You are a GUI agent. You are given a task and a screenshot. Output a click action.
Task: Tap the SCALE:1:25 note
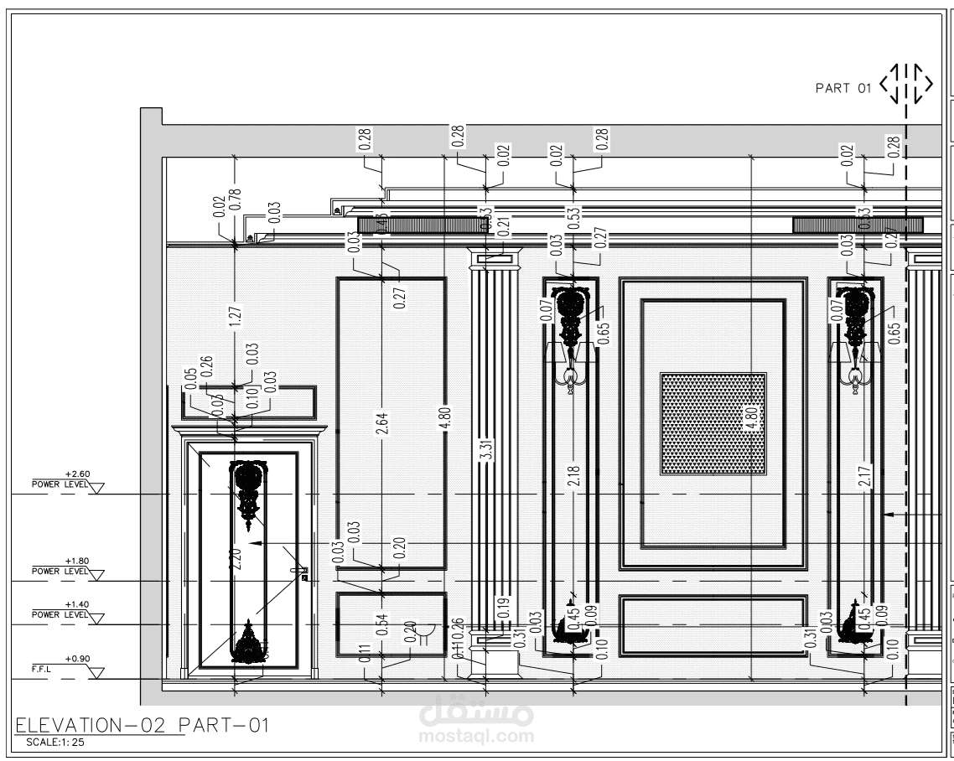(x=54, y=742)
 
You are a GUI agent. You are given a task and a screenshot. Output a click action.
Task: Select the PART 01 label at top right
(x=843, y=85)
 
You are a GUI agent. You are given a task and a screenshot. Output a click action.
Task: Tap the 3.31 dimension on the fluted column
(x=486, y=450)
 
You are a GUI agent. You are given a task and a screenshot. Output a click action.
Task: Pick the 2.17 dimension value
(x=864, y=476)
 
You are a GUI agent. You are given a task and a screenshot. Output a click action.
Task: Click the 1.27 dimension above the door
(x=235, y=315)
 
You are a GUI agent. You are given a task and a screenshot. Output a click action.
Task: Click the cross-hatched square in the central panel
(x=713, y=423)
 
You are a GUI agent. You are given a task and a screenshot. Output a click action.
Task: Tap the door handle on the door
(x=303, y=572)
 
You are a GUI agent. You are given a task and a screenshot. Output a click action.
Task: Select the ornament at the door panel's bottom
(x=249, y=644)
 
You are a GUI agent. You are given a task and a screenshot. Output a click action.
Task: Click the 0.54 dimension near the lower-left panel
(x=381, y=625)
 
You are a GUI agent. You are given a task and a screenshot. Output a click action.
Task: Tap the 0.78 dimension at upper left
(x=235, y=199)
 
